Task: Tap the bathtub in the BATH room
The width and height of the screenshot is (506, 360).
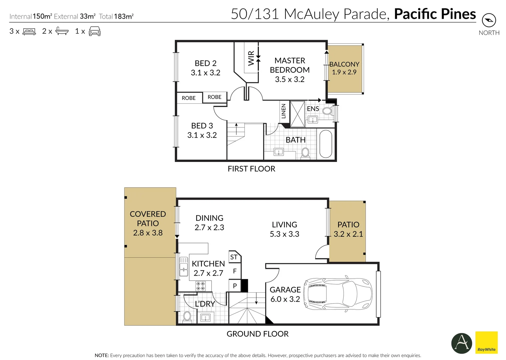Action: coord(326,144)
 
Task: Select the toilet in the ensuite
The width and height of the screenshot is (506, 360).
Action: coord(327,111)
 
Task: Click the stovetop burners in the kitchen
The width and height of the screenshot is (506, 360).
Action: coord(200,286)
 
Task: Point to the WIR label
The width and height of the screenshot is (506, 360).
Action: coord(251,58)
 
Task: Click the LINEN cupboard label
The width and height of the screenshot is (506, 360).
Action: coord(284,111)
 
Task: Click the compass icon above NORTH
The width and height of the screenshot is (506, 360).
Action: coord(489,20)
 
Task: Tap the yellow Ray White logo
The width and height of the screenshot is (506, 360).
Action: coord(487,342)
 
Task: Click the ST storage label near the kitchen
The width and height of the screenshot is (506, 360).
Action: coord(234,257)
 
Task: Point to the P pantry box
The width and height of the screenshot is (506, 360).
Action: coord(235,286)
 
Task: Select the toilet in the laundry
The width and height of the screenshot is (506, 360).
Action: coord(187,316)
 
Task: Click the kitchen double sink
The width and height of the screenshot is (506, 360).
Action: coord(183,267)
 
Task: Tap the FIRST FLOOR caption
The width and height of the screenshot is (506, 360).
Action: coord(251,169)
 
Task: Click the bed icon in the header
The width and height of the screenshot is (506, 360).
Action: coord(29,31)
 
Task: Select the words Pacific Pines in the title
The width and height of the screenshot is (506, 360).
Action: coord(435,14)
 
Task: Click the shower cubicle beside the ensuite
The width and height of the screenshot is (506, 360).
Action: coord(297,114)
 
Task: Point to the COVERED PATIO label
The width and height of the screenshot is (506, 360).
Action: coord(148,218)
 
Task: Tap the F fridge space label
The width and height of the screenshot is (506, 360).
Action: coord(235,271)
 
